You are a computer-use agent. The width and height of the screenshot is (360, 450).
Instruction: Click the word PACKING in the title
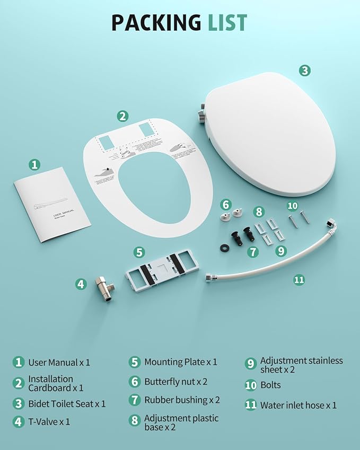(x=155, y=22)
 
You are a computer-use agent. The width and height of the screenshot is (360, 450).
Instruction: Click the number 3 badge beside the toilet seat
(x=304, y=70)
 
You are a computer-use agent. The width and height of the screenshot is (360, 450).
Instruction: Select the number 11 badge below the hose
(x=300, y=279)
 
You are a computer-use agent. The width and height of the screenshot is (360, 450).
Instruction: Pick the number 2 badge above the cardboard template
(x=122, y=116)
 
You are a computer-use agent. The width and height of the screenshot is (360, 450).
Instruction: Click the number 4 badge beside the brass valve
(x=81, y=284)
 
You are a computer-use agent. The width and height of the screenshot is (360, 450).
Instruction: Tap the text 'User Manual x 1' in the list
(x=59, y=363)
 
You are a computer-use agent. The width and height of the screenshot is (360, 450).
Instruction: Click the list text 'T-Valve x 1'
(x=49, y=422)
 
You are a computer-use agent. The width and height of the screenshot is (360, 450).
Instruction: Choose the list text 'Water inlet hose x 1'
(x=298, y=405)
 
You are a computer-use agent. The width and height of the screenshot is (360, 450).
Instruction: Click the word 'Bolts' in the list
(x=270, y=385)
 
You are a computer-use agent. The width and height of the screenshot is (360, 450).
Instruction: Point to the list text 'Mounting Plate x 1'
(x=181, y=362)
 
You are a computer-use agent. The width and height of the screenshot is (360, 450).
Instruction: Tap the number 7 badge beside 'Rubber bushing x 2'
(x=135, y=400)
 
